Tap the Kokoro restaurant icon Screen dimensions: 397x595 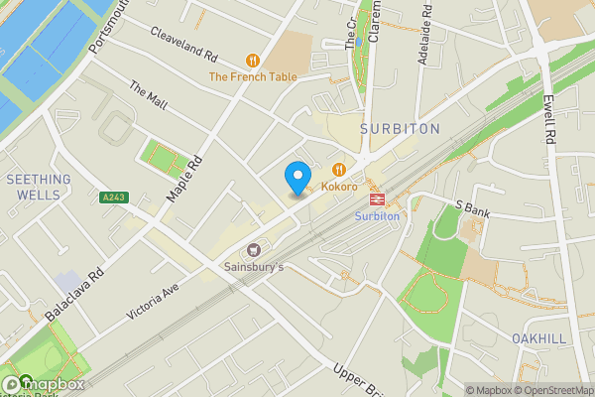339,170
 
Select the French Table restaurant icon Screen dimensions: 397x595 253,60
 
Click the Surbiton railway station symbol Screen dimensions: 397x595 377,198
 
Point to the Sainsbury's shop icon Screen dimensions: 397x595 254,250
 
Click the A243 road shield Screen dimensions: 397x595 114,198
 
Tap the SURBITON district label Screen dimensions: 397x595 400,129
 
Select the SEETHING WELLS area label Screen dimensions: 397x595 39,187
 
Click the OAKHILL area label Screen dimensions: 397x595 538,338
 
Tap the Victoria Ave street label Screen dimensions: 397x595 152,299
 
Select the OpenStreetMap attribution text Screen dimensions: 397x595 551,390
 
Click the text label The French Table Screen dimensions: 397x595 252,76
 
